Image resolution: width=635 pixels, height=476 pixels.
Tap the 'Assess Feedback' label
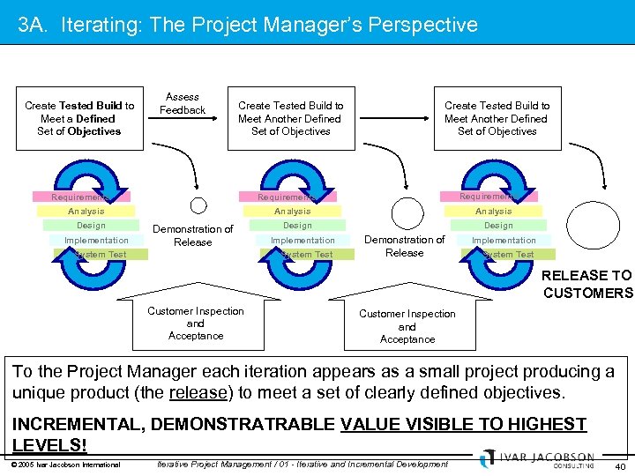click(183, 103)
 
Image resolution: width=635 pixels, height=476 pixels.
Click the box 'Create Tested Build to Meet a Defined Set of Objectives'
click(79, 118)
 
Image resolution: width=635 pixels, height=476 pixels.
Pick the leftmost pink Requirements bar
click(80, 197)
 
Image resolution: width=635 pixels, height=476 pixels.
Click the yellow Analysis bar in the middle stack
click(292, 212)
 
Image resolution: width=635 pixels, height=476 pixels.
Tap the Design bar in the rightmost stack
click(498, 226)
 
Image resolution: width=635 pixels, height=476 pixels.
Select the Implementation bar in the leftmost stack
click(96, 240)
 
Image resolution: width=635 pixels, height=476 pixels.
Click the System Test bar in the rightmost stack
click(508, 255)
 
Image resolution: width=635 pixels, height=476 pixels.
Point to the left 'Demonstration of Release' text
click(192, 235)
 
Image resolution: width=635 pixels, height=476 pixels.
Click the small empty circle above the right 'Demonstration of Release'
click(407, 214)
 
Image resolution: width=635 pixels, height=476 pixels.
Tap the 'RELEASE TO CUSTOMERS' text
click(586, 284)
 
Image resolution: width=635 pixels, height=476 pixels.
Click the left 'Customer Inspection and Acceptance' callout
click(196, 323)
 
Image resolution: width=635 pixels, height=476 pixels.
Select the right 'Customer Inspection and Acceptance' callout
click(407, 325)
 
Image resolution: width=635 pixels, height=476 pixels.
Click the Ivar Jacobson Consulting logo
click(539, 459)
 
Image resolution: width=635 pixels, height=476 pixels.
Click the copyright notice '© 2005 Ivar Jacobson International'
click(67, 464)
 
